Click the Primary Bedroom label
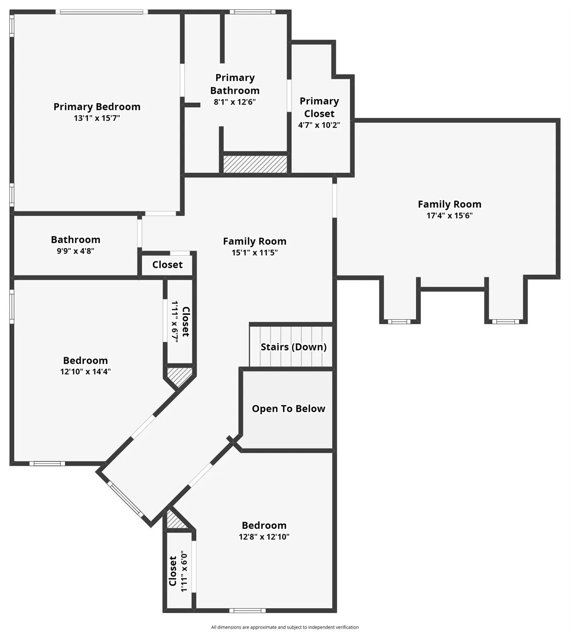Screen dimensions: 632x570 (97, 107)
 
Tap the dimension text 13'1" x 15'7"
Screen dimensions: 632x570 (97, 118)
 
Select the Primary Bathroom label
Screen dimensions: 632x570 (235, 84)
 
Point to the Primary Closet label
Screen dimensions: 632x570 (319, 107)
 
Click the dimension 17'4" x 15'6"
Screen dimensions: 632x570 (450, 216)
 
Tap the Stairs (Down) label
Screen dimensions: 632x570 (294, 347)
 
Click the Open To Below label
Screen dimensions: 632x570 (288, 409)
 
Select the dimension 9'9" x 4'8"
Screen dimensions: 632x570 (76, 251)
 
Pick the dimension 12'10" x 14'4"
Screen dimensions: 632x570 (86, 372)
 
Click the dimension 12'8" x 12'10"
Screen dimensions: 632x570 (264, 537)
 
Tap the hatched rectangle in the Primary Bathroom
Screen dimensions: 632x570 (255, 164)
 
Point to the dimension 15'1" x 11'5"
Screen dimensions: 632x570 (255, 253)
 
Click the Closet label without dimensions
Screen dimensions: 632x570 (167, 265)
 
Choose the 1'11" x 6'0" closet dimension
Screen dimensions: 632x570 (184, 571)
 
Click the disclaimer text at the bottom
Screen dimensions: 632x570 (285, 627)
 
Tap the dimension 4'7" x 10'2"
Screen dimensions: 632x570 (319, 125)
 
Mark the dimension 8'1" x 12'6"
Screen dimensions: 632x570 (235, 102)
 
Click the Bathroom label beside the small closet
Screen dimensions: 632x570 (76, 239)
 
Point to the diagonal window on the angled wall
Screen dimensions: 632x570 (126, 499)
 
